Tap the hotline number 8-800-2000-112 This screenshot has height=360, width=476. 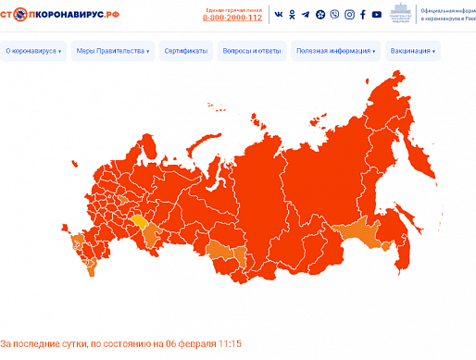click(232, 18)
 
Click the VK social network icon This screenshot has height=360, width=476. click(278, 15)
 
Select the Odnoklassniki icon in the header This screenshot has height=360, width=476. click(292, 15)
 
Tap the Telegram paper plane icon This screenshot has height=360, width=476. click(306, 15)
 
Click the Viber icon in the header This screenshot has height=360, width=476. click(320, 15)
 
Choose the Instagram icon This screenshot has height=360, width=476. click(334, 15)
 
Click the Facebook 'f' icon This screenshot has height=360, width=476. click(348, 15)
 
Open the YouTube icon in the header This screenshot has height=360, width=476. click(362, 15)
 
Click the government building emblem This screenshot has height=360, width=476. click(400, 14)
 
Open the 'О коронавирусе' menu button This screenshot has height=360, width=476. click(33, 52)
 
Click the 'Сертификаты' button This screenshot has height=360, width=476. click(186, 52)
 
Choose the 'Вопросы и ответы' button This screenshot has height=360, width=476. click(252, 52)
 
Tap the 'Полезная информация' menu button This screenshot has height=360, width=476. click(336, 52)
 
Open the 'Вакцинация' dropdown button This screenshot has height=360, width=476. click(413, 52)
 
